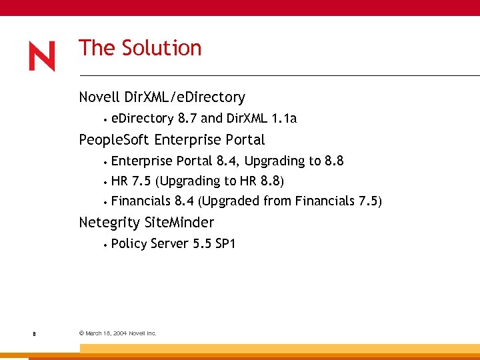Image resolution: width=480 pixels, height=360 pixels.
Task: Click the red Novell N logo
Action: tap(42, 56)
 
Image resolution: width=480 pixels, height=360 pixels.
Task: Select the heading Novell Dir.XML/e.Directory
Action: tap(162, 97)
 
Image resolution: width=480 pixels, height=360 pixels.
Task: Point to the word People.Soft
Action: tap(114, 140)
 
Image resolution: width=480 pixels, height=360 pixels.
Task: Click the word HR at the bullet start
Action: tap(120, 181)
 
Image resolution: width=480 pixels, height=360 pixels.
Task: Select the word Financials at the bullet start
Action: tap(141, 201)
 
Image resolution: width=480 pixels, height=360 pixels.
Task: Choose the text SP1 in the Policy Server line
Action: tap(225, 243)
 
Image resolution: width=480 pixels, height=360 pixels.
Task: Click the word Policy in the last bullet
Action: tap(129, 243)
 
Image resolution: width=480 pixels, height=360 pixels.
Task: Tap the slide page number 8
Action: tap(33, 333)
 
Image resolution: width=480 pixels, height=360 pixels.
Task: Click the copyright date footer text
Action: tap(117, 333)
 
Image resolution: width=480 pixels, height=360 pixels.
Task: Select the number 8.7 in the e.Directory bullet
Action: tap(187, 119)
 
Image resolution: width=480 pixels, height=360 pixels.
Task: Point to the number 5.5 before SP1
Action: tap(202, 243)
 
